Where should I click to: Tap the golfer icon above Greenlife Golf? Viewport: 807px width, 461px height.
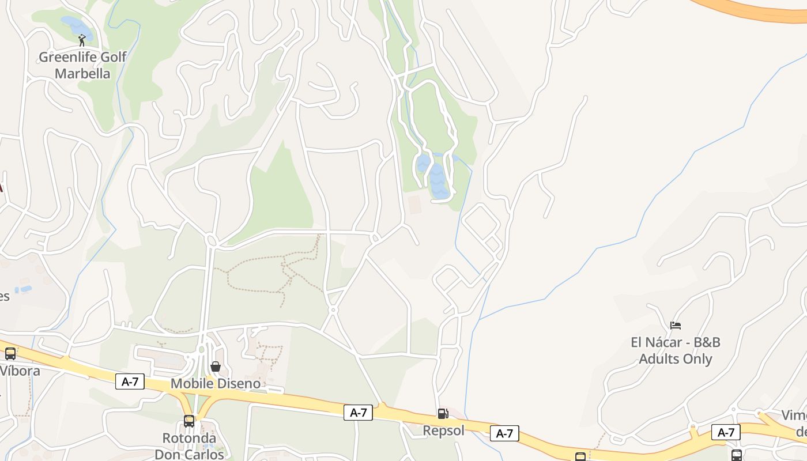tap(82, 40)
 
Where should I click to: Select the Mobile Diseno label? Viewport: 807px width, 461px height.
tap(216, 384)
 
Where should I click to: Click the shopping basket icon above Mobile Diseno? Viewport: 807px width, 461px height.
tap(216, 366)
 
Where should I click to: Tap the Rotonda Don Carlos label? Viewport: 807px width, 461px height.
tap(189, 445)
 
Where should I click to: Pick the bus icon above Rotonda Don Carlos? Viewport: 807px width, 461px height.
tap(189, 421)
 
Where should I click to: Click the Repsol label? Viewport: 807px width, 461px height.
tap(443, 430)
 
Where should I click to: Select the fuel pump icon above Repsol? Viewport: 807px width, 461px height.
tap(443, 413)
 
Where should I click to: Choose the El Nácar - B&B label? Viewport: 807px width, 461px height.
tap(676, 342)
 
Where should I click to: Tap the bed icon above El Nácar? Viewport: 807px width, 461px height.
tap(676, 326)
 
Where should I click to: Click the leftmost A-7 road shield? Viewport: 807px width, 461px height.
tap(130, 381)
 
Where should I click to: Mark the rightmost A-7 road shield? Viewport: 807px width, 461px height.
tap(726, 432)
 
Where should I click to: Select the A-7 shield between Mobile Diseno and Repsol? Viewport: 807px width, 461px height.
tap(358, 413)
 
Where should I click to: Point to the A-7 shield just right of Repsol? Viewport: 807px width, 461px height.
tap(504, 433)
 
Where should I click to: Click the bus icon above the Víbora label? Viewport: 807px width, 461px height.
tap(10, 354)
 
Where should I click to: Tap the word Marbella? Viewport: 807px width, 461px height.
tap(82, 74)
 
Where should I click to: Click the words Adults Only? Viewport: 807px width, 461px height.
tap(676, 359)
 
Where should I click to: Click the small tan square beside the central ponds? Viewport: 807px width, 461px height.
tap(414, 203)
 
